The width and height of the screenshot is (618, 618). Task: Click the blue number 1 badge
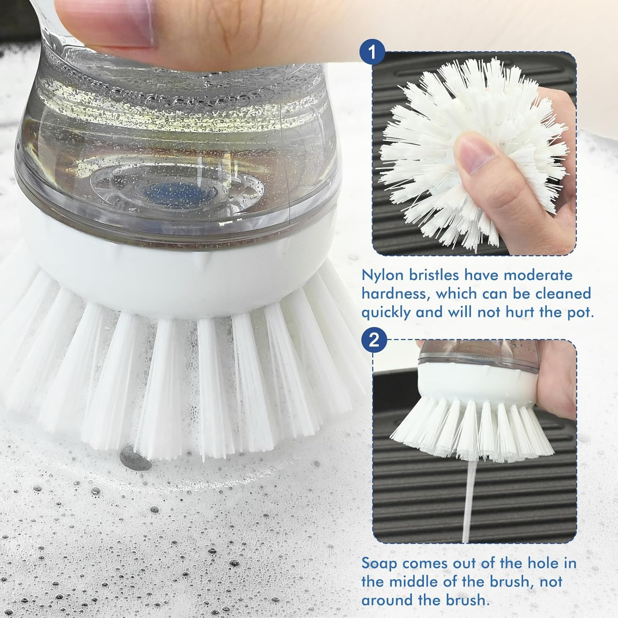coord(372,53)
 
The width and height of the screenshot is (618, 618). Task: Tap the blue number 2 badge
coord(374,340)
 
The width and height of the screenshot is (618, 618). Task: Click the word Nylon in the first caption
coord(382,275)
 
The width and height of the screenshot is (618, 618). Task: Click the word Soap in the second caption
coord(379,563)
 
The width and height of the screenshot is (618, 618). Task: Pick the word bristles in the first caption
coord(434,275)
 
